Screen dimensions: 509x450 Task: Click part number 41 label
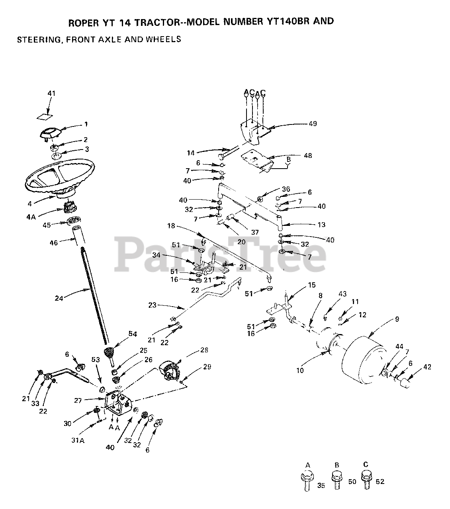click(51, 93)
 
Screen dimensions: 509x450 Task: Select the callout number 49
click(313, 124)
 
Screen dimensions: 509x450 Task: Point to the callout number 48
click(307, 155)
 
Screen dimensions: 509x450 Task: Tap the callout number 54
click(132, 334)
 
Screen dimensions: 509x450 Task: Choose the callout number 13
click(321, 225)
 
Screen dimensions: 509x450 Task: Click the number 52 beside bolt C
click(380, 482)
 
